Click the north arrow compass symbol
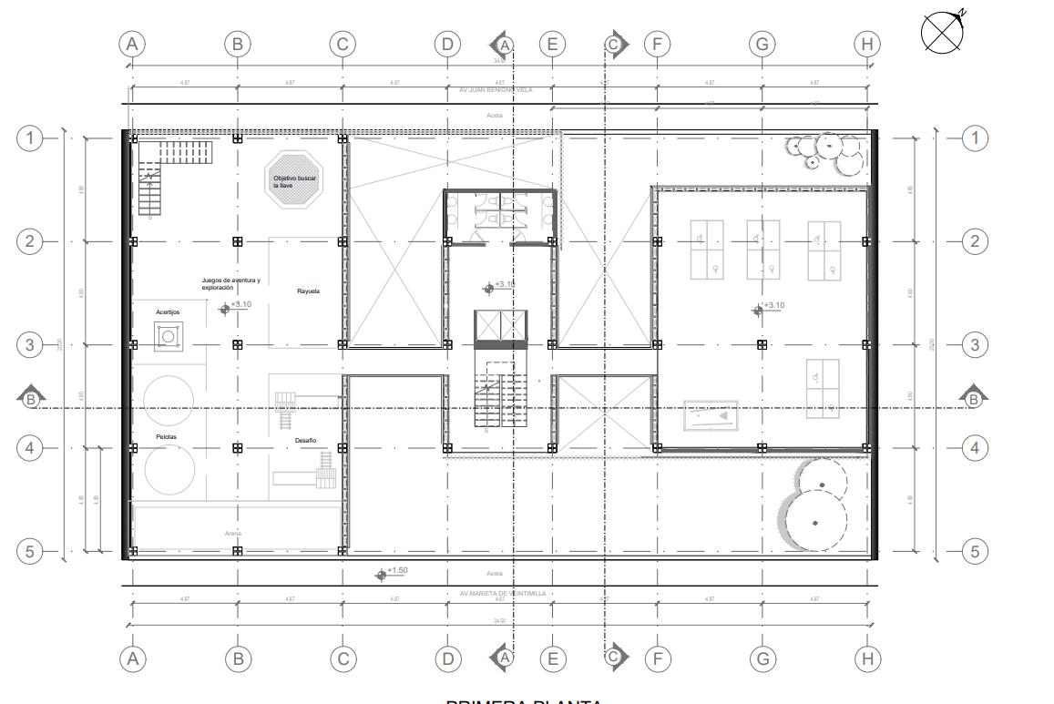944,32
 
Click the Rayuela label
308,291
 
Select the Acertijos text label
168,312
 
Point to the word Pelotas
166,437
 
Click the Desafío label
305,441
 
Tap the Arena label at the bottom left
233,533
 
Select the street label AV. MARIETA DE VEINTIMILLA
503,593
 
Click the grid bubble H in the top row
867,43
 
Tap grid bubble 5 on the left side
31,551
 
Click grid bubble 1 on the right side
975,138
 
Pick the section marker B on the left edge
31,397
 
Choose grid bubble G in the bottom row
762,658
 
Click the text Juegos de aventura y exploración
230,284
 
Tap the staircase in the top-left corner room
149,189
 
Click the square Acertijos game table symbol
167,338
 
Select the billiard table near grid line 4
711,415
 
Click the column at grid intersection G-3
762,344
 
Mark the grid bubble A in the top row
133,43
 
